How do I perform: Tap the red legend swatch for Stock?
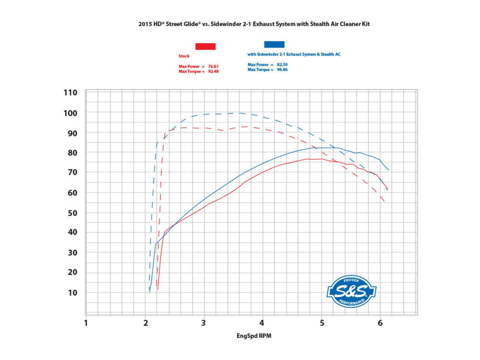point(205,46)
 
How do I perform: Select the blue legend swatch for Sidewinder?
point(274,45)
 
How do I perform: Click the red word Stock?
point(184,56)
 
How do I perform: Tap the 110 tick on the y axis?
point(71,93)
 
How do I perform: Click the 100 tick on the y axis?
point(71,113)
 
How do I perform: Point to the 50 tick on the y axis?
point(72,213)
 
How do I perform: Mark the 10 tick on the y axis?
point(72,293)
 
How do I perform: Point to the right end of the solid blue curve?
point(389,170)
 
